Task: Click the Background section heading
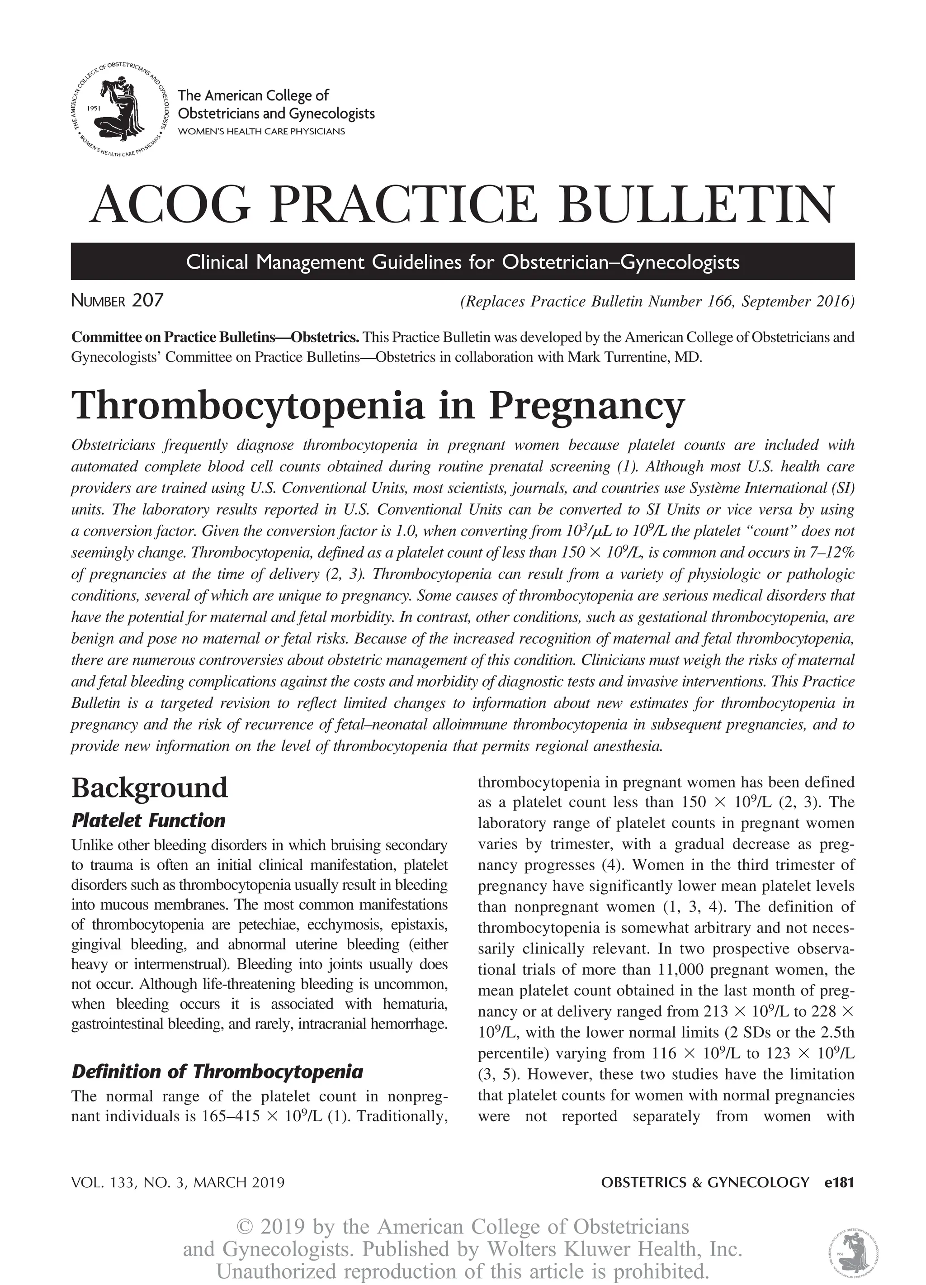tap(150, 787)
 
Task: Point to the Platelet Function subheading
tap(148, 820)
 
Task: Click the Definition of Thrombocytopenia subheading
tap(217, 1072)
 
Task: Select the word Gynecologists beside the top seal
tap(332, 114)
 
